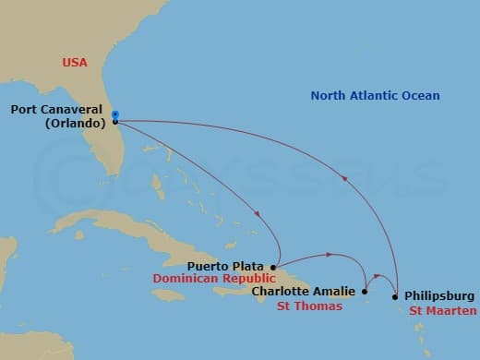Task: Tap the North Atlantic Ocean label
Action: click(375, 95)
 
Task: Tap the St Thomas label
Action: click(309, 306)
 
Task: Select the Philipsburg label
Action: click(440, 295)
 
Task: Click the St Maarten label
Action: click(444, 310)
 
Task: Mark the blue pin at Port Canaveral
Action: click(114, 114)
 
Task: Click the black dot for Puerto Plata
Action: click(273, 267)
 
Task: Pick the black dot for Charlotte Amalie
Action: click(365, 292)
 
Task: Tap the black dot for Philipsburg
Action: click(395, 297)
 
